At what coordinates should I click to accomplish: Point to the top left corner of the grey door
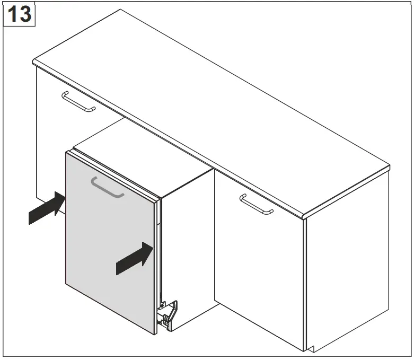[x=66, y=152]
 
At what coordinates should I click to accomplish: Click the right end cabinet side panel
[x=347, y=276]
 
